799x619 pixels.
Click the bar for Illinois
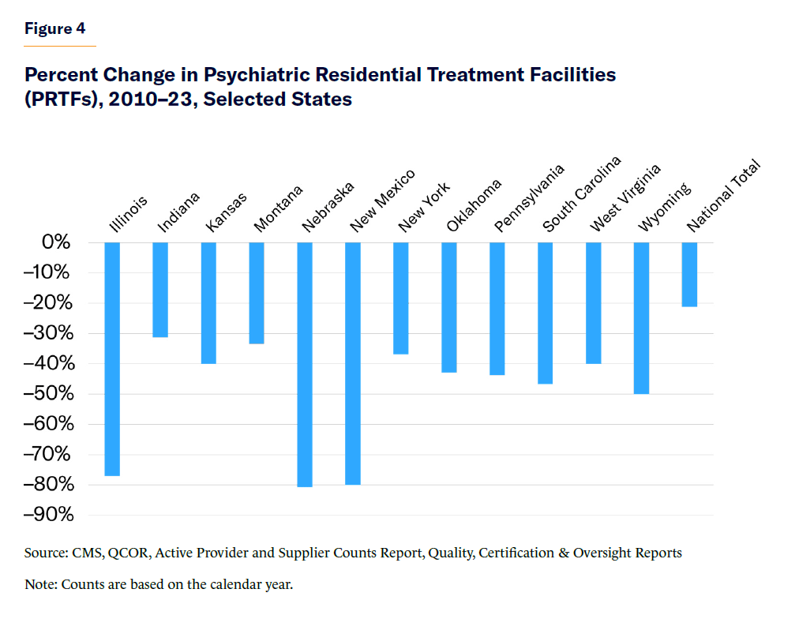(112, 359)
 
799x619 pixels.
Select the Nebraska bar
(305, 364)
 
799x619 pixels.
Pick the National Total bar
(689, 274)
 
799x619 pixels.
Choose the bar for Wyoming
(641, 317)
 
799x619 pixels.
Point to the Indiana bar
(160, 290)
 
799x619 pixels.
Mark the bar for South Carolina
(546, 313)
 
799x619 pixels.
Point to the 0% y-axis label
(56, 242)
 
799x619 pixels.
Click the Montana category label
(278, 209)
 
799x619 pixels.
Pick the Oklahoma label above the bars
(473, 206)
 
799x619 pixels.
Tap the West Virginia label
(625, 198)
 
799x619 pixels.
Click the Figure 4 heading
(54, 29)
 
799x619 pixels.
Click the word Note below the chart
(40, 585)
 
